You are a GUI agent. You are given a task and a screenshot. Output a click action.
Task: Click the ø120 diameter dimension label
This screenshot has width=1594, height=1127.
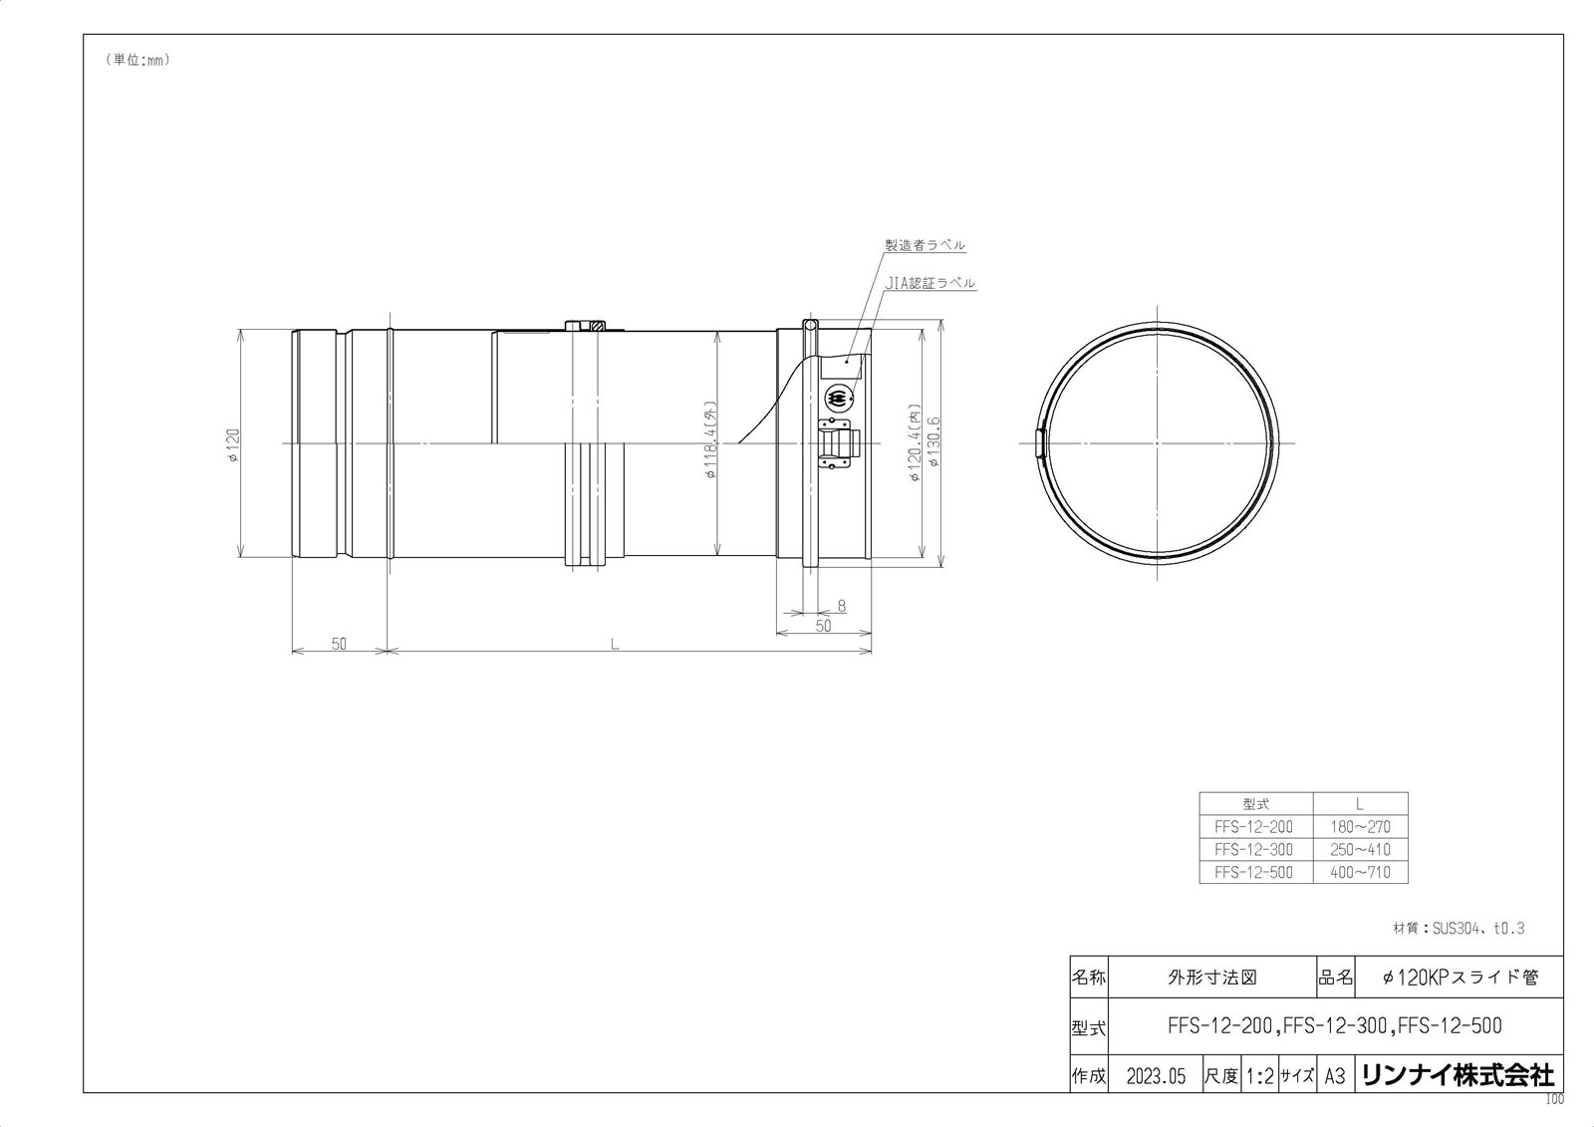pyautogui.click(x=233, y=446)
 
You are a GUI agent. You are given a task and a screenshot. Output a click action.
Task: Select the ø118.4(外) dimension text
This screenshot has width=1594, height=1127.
pyautogui.click(x=710, y=440)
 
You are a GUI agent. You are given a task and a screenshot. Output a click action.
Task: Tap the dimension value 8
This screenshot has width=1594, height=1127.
pyautogui.click(x=842, y=605)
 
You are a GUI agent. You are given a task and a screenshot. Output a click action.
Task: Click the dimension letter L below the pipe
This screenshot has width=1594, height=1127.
pyautogui.click(x=616, y=644)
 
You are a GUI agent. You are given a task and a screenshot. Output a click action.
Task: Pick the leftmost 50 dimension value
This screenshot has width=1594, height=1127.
pyautogui.click(x=339, y=644)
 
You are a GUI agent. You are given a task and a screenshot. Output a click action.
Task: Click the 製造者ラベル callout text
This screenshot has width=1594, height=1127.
pyautogui.click(x=925, y=245)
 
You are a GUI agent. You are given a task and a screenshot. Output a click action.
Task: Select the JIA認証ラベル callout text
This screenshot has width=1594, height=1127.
pyautogui.click(x=930, y=283)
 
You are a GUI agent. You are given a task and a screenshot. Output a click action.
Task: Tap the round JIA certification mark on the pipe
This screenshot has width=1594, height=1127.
pyautogui.click(x=840, y=399)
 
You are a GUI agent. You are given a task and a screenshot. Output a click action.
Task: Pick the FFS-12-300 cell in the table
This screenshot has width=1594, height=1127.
pyautogui.click(x=1254, y=849)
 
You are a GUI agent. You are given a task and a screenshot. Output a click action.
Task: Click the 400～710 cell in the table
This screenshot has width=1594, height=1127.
pyautogui.click(x=1360, y=872)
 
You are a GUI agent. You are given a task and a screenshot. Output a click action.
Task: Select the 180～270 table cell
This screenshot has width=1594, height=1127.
pyautogui.click(x=1360, y=826)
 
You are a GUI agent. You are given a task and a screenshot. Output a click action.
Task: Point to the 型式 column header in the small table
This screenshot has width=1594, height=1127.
pyautogui.click(x=1255, y=803)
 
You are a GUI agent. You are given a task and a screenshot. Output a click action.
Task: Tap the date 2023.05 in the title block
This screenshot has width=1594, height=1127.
pyautogui.click(x=1156, y=1076)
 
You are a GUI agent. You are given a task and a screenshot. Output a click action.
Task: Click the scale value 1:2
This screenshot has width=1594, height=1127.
pyautogui.click(x=1259, y=1076)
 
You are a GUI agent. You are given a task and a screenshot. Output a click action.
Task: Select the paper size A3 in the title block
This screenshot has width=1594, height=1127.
pyautogui.click(x=1334, y=1076)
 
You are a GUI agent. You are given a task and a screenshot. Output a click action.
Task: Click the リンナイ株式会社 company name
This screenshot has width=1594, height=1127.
pyautogui.click(x=1457, y=1075)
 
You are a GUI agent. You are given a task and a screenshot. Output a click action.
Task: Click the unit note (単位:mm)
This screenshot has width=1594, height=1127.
pyautogui.click(x=137, y=60)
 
